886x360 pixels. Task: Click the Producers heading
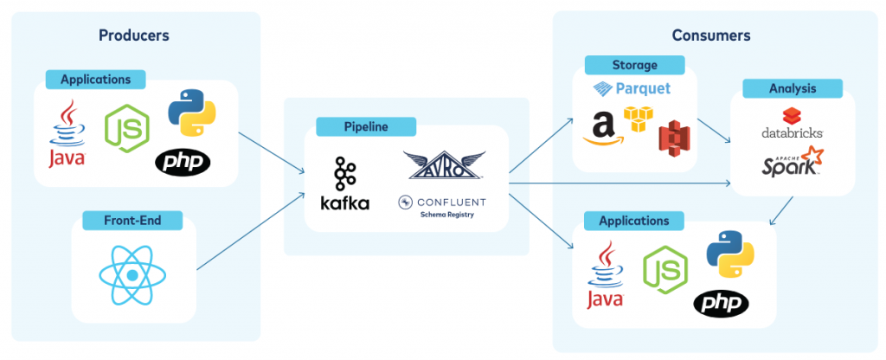click(x=133, y=35)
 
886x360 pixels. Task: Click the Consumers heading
click(x=710, y=35)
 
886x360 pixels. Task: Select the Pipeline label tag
click(x=366, y=126)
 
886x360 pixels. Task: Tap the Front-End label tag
click(x=132, y=221)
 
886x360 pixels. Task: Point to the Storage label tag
click(x=634, y=65)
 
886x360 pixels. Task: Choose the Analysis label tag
click(x=792, y=88)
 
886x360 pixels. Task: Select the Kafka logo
click(x=344, y=183)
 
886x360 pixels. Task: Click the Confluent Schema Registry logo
click(x=442, y=205)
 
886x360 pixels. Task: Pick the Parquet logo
click(x=632, y=88)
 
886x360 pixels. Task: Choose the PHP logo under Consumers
click(x=720, y=303)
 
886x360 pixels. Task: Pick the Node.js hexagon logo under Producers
click(x=126, y=128)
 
